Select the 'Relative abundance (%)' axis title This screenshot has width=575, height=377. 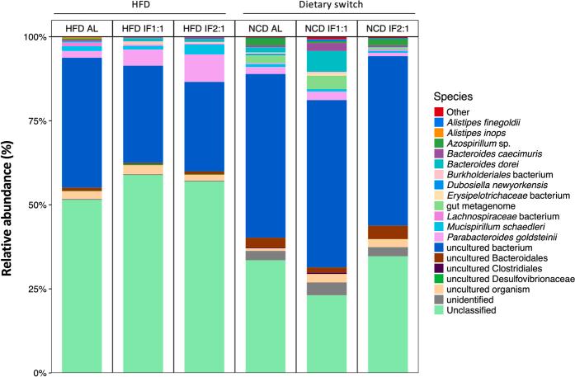pyautogui.click(x=12, y=204)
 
